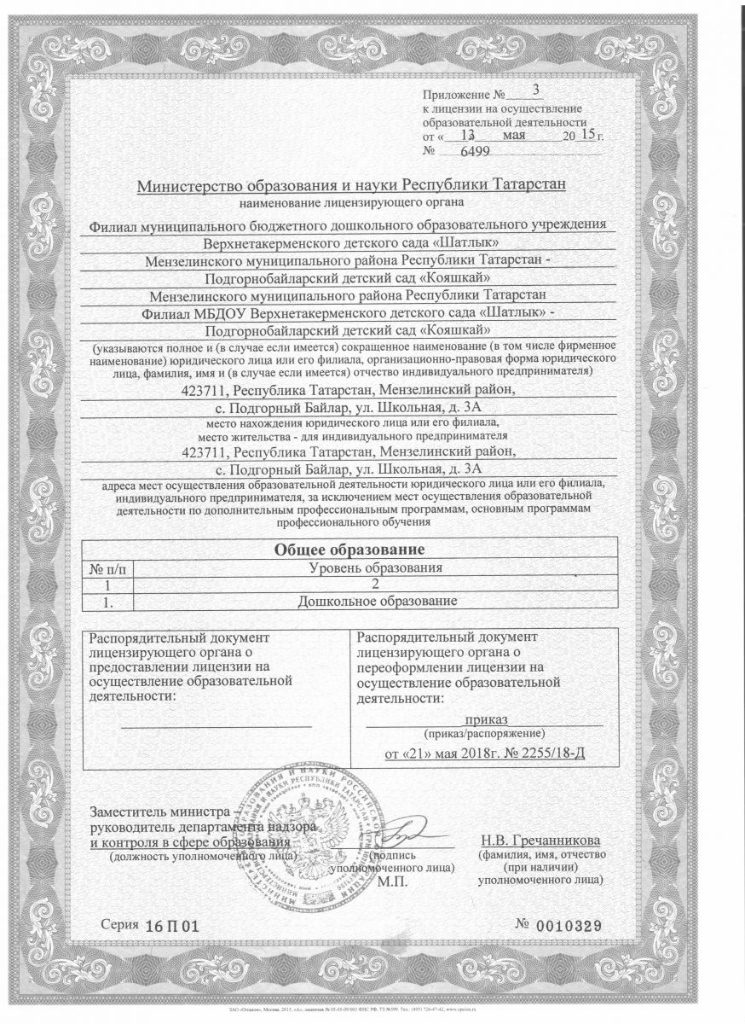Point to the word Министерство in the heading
pyautogui.click(x=193, y=184)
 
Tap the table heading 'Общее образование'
pyautogui.click(x=349, y=550)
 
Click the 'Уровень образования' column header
pyautogui.click(x=374, y=567)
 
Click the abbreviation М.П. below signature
pyautogui.click(x=393, y=881)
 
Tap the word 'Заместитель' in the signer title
pyautogui.click(x=132, y=811)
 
